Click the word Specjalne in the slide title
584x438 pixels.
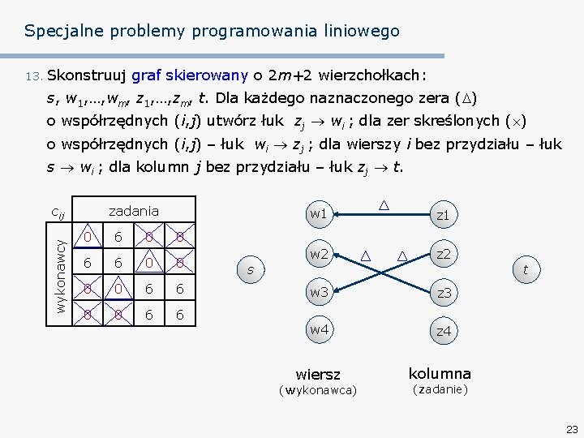click(x=56, y=32)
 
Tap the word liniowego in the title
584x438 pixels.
click(x=362, y=32)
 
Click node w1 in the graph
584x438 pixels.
click(x=318, y=213)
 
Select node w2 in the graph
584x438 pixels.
click(x=318, y=255)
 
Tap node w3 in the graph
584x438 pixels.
click(x=318, y=292)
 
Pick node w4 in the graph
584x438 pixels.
click(x=318, y=330)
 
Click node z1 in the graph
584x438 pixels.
click(x=443, y=215)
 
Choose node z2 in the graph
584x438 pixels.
click(x=443, y=254)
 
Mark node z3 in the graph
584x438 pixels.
click(x=443, y=293)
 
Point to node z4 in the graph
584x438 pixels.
click(x=443, y=331)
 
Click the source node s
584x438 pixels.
click(x=251, y=269)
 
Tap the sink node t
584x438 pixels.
click(x=526, y=270)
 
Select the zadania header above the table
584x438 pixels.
click(x=134, y=211)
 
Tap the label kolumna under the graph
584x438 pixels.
click(x=439, y=374)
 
